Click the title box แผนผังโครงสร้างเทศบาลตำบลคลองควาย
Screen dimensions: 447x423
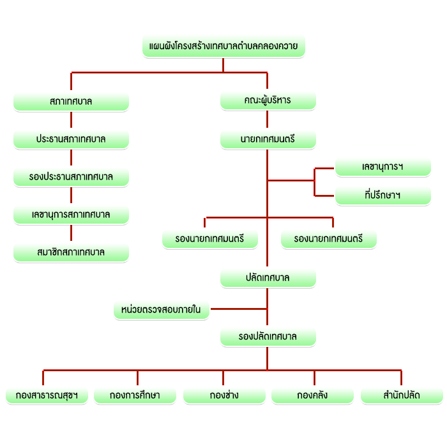pos(223,46)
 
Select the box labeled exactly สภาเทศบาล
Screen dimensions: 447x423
pos(72,102)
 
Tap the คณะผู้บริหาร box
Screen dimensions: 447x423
pos(268,100)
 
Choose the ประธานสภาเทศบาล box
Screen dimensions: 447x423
pos(72,139)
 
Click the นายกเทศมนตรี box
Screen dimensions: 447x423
pos(268,139)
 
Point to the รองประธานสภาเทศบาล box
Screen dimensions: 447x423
pos(72,177)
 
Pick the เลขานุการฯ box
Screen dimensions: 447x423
pos(383,167)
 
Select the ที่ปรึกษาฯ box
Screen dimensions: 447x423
pos(383,196)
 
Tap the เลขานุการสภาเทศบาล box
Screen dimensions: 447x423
pos(72,215)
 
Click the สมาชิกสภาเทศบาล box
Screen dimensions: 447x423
pos(72,252)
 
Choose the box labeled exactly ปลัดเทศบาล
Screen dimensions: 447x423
pos(268,278)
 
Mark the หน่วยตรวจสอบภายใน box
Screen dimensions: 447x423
pos(162,310)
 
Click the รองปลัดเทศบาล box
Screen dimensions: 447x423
pos(268,337)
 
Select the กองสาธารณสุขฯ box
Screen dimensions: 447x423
pos(47,396)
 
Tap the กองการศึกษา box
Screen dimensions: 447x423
pos(135,396)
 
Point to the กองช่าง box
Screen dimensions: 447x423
pos(225,396)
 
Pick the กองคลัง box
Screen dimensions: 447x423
pos(313,396)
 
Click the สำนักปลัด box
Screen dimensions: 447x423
pos(402,396)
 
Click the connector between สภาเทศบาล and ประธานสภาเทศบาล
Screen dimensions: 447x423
pos(72,119)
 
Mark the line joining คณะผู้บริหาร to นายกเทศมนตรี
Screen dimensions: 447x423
pos(267,119)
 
